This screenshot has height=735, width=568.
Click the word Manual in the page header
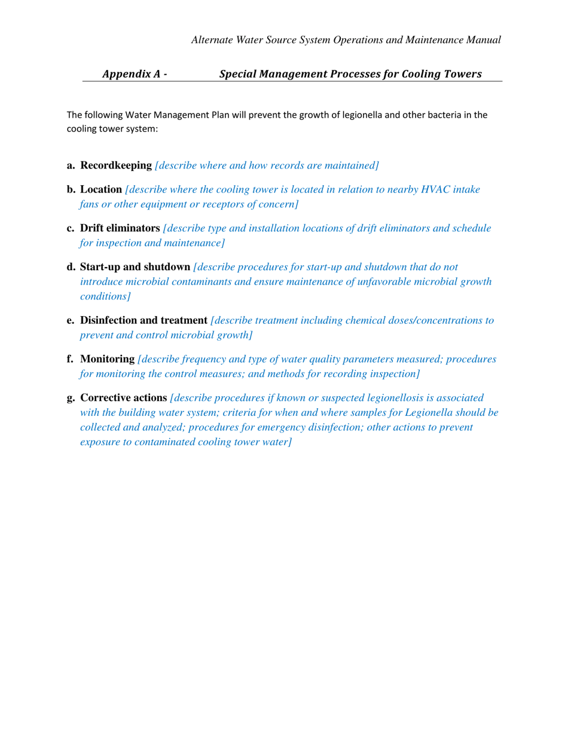(483, 40)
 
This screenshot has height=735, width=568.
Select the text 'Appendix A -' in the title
(135, 74)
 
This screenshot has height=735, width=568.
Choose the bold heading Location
(100, 189)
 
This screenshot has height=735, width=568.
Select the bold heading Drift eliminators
(120, 228)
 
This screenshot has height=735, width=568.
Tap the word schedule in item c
(471, 228)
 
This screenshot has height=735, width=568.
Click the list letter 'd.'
(71, 267)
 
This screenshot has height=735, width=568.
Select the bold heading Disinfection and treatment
(143, 320)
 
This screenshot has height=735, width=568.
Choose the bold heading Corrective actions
(123, 397)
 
